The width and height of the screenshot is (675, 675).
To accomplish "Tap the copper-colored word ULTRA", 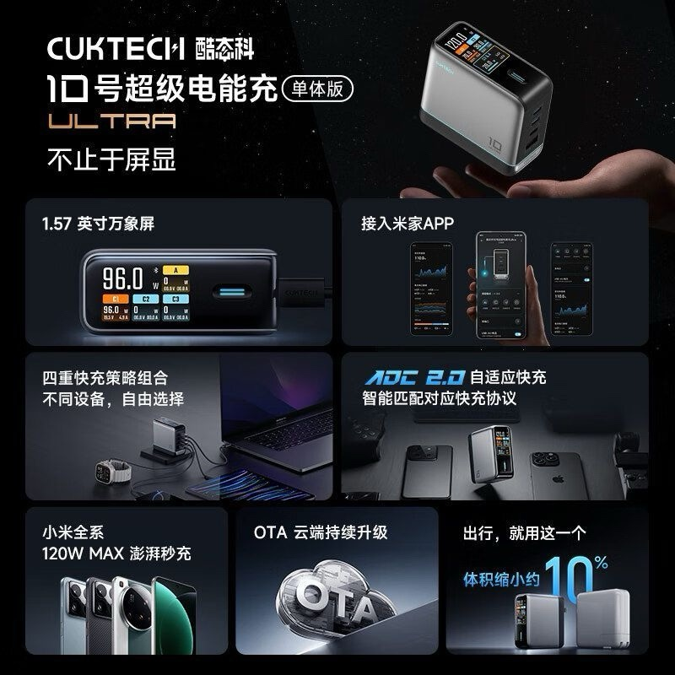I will pos(112,121).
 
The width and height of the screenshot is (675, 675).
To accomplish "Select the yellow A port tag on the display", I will pos(175,270).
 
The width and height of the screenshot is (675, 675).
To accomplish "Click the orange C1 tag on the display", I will pos(113,298).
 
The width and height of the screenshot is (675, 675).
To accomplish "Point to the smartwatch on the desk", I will pos(107,469).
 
